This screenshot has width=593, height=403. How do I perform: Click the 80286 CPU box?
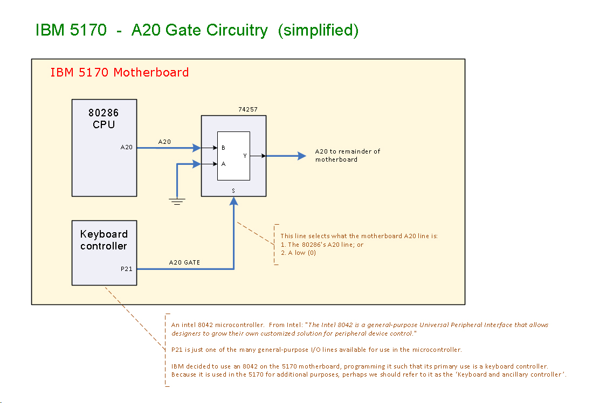click(104, 162)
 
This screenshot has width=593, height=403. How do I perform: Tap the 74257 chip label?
click(248, 110)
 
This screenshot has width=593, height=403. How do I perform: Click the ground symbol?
click(177, 202)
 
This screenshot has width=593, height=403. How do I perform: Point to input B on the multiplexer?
click(223, 147)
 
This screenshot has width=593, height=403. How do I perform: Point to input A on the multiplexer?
click(223, 164)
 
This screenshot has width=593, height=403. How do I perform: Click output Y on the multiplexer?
click(245, 156)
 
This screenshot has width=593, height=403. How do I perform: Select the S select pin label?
click(233, 191)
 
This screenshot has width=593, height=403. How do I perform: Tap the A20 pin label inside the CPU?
click(127, 147)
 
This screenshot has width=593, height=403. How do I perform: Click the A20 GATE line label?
click(184, 262)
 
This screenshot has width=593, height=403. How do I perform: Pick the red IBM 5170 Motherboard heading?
click(119, 72)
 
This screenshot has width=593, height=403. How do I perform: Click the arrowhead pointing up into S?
click(233, 201)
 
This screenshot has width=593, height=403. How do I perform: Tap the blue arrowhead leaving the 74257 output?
click(301, 156)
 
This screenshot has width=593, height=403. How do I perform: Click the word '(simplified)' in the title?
click(318, 30)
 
